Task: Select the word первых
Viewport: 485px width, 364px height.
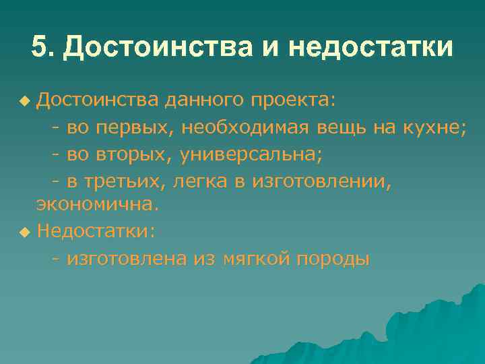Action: coord(137,127)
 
